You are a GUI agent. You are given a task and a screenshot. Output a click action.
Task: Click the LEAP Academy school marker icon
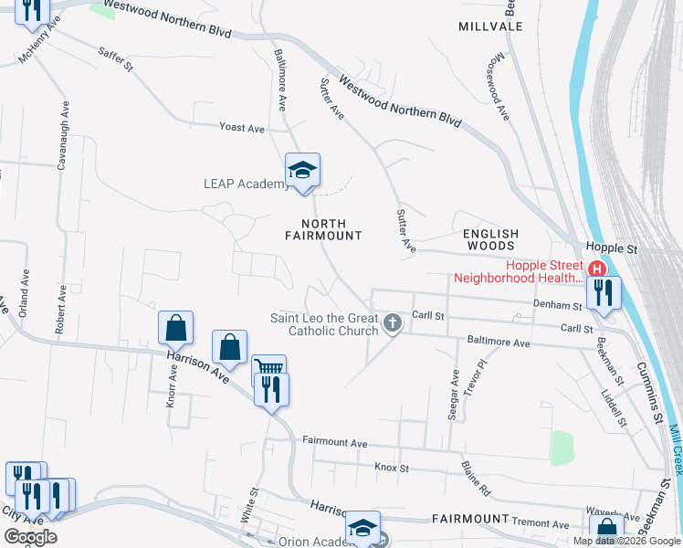coord(303,171)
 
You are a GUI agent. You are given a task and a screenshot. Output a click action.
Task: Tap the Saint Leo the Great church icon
coord(393,322)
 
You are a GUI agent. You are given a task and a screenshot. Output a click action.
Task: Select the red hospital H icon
coord(597,269)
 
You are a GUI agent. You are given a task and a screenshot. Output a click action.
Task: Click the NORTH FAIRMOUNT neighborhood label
coord(322,229)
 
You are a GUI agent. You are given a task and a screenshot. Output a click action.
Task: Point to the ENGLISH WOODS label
coord(489,240)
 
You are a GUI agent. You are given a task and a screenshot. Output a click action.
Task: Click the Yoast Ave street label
coord(242,128)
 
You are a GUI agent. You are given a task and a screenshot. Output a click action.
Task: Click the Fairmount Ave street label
coord(335,443)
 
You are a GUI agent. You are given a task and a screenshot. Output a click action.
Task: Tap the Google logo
coord(30,537)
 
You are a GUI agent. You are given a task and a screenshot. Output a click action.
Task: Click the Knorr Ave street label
coord(171,388)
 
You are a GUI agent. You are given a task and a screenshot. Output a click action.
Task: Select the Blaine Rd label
coord(476,478)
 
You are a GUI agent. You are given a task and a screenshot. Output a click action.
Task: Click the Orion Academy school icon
coord(363,530)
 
